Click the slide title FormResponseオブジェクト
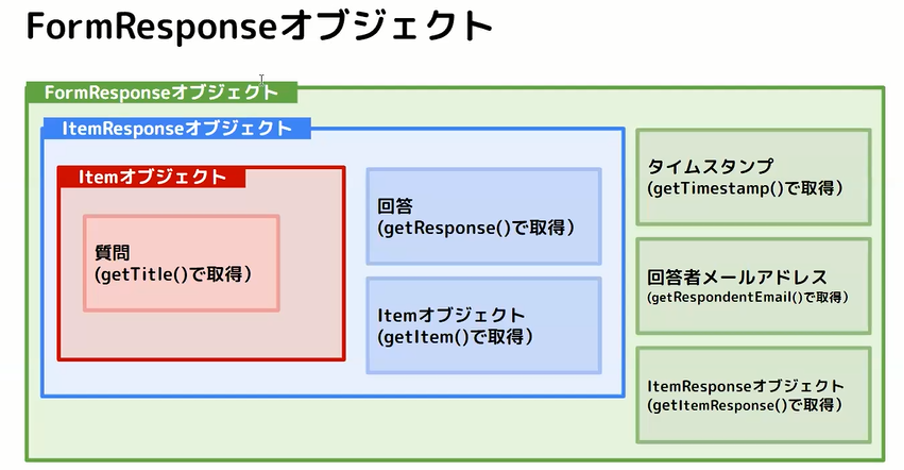pyautogui.click(x=259, y=27)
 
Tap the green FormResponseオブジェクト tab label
pyautogui.click(x=161, y=92)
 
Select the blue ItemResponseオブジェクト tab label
pyautogui.click(x=177, y=128)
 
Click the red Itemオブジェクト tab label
pyautogui.click(x=152, y=176)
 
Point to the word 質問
pyautogui.click(x=112, y=253)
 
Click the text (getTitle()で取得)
pyautogui.click(x=173, y=274)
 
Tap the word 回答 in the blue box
pyautogui.click(x=396, y=206)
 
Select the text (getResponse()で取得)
pyautogui.click(x=476, y=228)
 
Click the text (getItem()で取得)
pyautogui.click(x=455, y=337)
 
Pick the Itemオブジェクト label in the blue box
pyautogui.click(x=451, y=315)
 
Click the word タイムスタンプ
pyautogui.click(x=710, y=166)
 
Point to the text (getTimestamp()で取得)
pyautogui.click(x=745, y=188)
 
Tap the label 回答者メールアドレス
pyautogui.click(x=737, y=277)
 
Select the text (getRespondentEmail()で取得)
pyautogui.click(x=748, y=297)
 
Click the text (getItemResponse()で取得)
pyautogui.click(x=745, y=405)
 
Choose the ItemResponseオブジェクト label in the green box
pyautogui.click(x=745, y=386)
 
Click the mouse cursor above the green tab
pyautogui.click(x=262, y=80)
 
